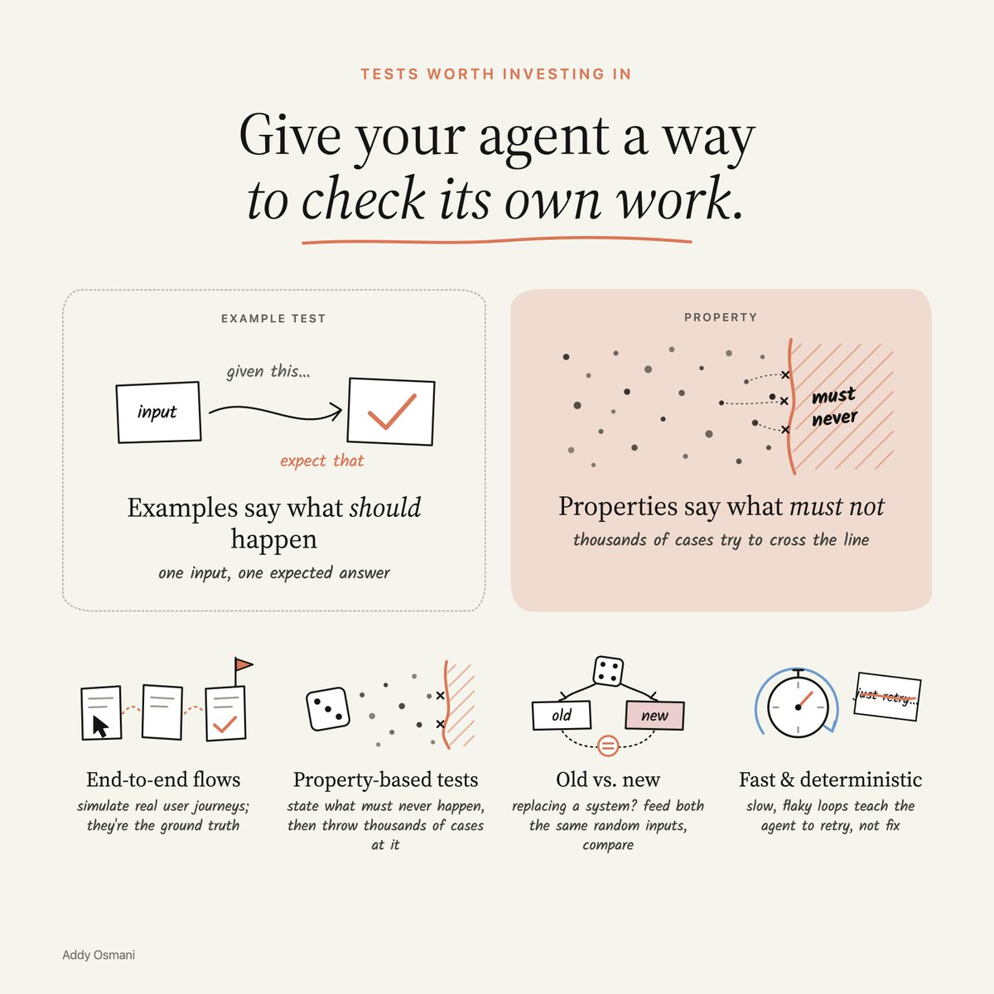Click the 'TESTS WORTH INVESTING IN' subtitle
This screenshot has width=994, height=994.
(495, 75)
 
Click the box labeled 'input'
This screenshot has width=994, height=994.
(158, 413)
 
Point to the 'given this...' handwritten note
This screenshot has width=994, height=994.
(268, 371)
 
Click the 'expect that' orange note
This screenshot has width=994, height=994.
(322, 460)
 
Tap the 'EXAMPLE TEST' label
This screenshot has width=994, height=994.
(273, 319)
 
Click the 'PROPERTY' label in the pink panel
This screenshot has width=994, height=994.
(721, 317)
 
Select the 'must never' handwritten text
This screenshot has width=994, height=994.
(834, 407)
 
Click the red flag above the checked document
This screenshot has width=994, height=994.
(244, 664)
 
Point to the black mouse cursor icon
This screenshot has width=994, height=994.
(100, 726)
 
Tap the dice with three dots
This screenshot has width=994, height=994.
(328, 709)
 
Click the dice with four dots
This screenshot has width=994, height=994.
(608, 671)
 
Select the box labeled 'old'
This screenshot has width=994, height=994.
(562, 715)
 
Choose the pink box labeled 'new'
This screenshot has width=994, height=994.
(654, 716)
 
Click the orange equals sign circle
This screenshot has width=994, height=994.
(608, 745)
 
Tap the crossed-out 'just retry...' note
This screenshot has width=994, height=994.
(887, 697)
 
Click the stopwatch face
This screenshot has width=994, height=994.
(798, 707)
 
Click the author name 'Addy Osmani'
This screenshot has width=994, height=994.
(99, 955)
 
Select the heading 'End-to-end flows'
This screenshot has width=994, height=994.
(163, 779)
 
